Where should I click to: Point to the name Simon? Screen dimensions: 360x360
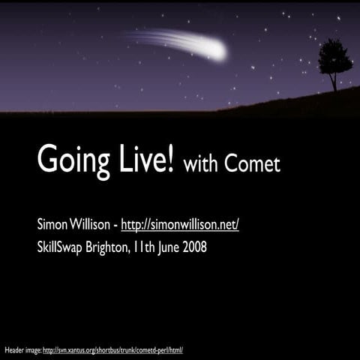click(x=53, y=223)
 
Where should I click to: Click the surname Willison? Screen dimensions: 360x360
click(x=91, y=223)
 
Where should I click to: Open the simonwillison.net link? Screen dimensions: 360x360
click(x=180, y=224)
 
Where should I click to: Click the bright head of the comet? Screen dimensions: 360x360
click(x=217, y=51)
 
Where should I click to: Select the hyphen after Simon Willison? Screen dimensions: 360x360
click(x=115, y=225)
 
